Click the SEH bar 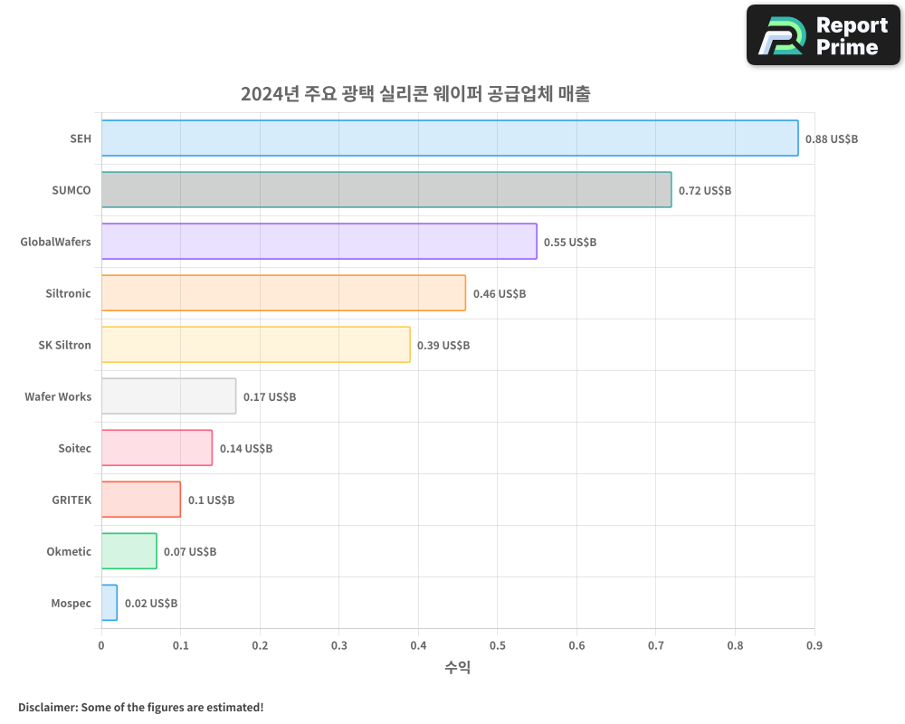[x=450, y=138]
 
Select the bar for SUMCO [x=386, y=190]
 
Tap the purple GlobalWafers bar [x=319, y=242]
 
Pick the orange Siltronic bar [x=283, y=293]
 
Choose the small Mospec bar [x=110, y=603]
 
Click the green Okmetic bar [x=129, y=551]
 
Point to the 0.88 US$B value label [x=832, y=139]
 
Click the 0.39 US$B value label [x=443, y=346]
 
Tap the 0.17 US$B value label [x=270, y=397]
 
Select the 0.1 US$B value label [x=211, y=500]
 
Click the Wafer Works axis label [x=58, y=397]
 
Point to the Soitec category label [x=74, y=449]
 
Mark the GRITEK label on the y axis [x=71, y=500]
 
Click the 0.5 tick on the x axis [x=497, y=646]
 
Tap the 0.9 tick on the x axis [x=814, y=646]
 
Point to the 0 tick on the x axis [x=101, y=646]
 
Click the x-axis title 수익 [x=458, y=668]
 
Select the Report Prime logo [x=824, y=35]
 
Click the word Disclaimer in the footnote [x=46, y=708]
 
